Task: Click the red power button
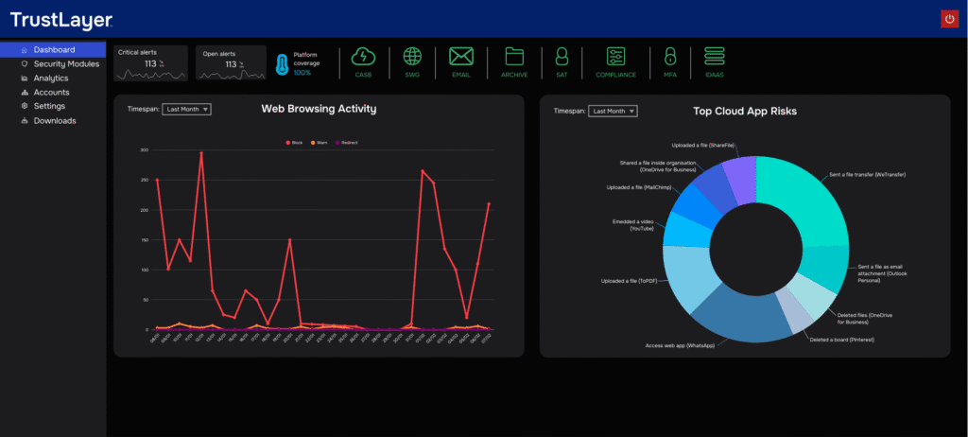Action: [949, 19]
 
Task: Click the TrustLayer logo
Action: [61, 20]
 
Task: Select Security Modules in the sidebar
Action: [65, 63]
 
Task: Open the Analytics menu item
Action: [50, 78]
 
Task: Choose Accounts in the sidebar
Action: [51, 92]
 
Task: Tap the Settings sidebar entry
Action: [49, 106]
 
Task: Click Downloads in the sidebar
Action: [54, 120]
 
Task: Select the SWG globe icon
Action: [412, 57]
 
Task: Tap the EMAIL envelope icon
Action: [460, 57]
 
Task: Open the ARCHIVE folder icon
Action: [513, 57]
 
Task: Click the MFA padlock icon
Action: [670, 57]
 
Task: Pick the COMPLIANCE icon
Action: [615, 57]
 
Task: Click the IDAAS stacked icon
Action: [714, 57]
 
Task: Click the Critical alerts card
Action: [151, 62]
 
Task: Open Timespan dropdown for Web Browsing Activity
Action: [186, 110]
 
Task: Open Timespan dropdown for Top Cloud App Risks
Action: [613, 112]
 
